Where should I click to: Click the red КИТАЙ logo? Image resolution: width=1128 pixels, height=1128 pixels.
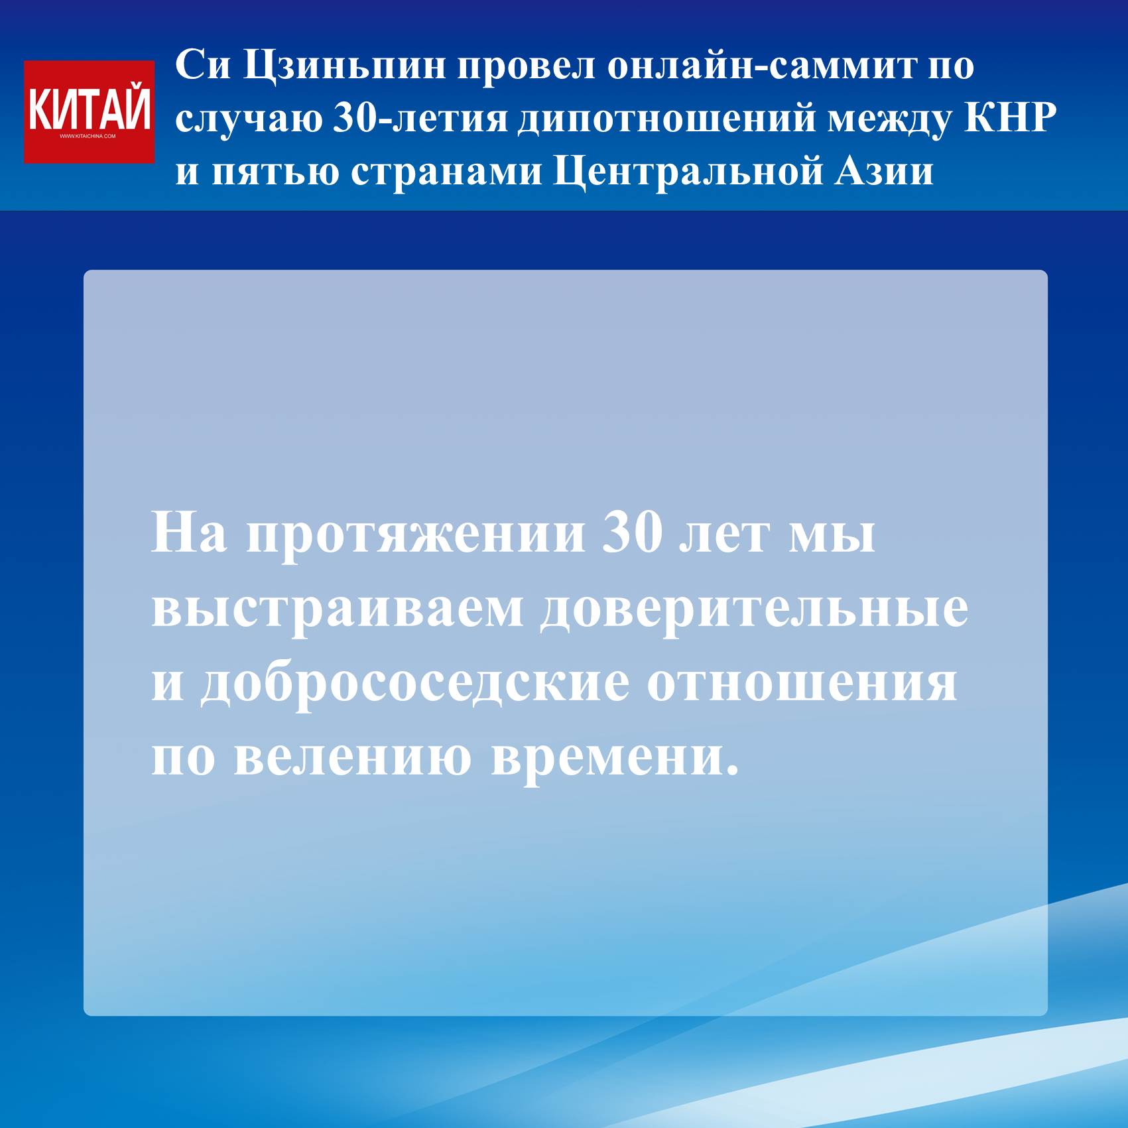89,111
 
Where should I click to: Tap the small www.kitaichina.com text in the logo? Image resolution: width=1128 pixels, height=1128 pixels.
88,137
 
